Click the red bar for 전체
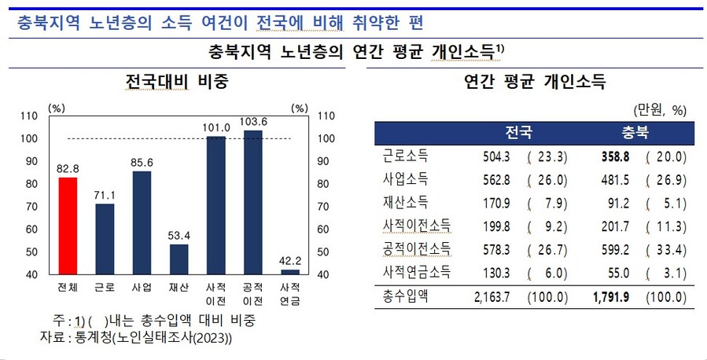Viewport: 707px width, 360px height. pyautogui.click(x=68, y=225)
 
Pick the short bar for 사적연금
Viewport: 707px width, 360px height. pyautogui.click(x=290, y=271)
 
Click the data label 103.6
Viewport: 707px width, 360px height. pyautogui.click(x=253, y=122)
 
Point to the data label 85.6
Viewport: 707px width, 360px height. pyautogui.click(x=142, y=163)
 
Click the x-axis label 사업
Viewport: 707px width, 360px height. pyautogui.click(x=142, y=287)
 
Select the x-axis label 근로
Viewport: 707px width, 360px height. pyautogui.click(x=105, y=287)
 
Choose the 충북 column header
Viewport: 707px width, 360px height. pyautogui.click(x=635, y=131)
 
